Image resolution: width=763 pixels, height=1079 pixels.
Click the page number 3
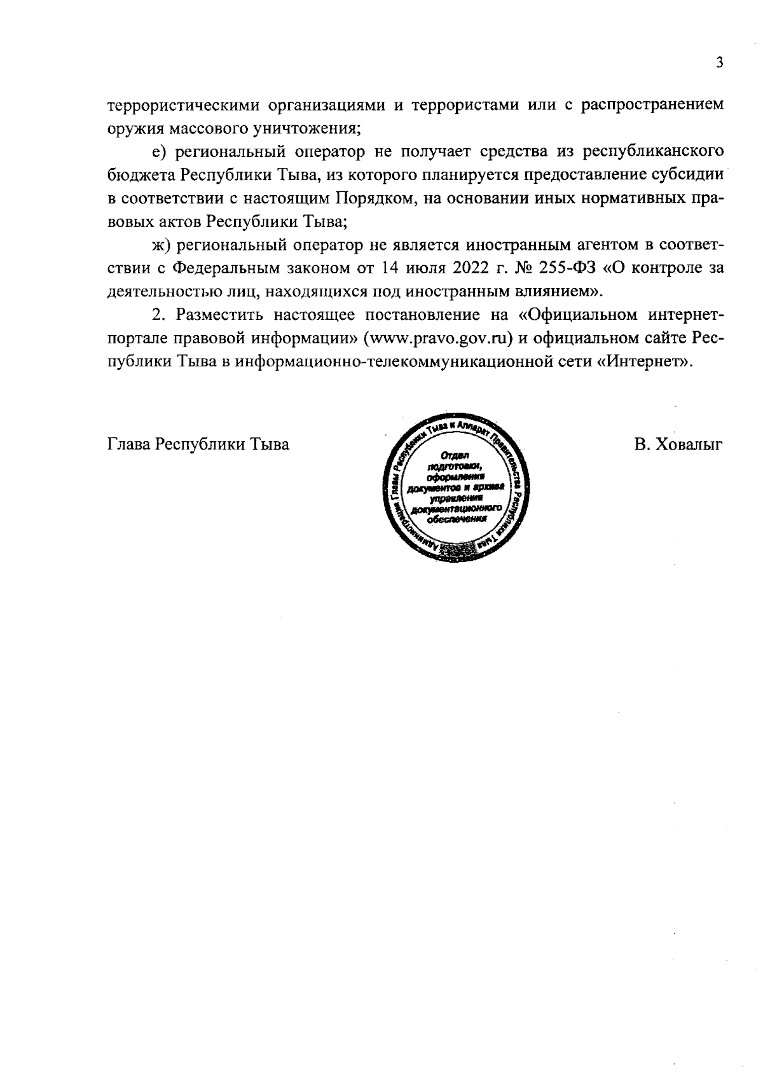[719, 62]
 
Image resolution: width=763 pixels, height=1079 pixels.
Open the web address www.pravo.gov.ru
[437, 338]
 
